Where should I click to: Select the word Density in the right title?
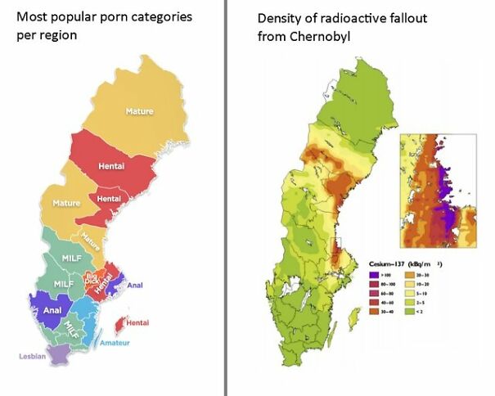pos(279,18)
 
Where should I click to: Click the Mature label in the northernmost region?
pos(139,111)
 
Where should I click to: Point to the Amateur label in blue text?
pos(116,342)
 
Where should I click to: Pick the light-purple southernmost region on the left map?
pos(59,354)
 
